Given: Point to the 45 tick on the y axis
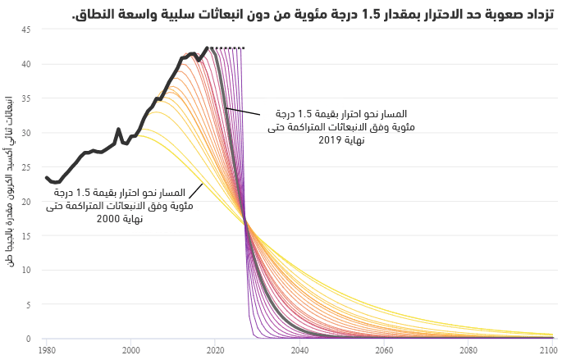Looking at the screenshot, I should coord(26,30).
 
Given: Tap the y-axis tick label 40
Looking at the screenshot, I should coord(26,64).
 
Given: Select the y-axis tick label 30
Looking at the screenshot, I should coord(26,133).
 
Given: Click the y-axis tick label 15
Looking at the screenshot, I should coord(26,235).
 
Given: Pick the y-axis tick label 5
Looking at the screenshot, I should coord(29,304).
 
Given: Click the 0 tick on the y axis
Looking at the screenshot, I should coord(29,339).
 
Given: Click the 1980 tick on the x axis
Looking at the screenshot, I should coord(47,350).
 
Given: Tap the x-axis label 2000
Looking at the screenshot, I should coord(131,350).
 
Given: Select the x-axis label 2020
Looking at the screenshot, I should coord(215,350).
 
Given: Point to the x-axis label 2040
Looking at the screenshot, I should coord(299,350).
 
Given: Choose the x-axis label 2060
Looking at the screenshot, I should coord(384,350).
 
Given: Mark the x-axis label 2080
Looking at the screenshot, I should coord(468,350).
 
